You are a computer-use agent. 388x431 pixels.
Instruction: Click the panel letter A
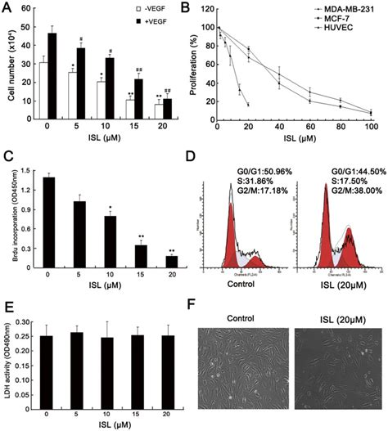(x=6, y=7)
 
